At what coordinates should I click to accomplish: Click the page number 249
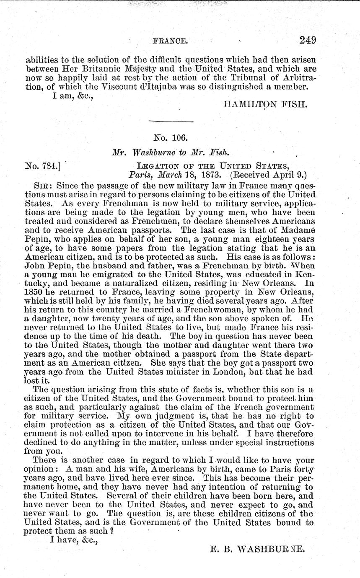point(308,40)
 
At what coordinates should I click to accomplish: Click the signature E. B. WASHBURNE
point(256,547)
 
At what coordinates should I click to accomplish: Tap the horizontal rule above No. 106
point(171,122)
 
